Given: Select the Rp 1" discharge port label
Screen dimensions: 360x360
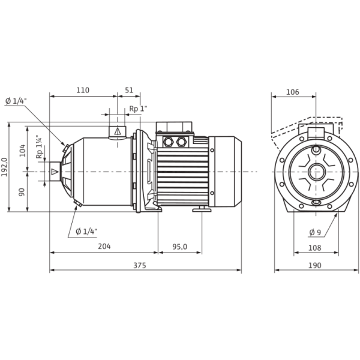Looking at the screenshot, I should (139, 109).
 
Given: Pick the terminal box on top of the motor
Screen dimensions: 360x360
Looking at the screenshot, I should (174, 137).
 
